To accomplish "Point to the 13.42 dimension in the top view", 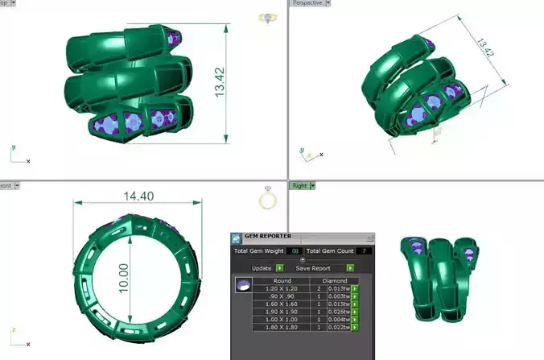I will tap(219, 81).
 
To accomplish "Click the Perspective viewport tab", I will tap(308, 3).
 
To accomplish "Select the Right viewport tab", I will tap(299, 185).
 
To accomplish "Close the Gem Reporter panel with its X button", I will tap(369, 238).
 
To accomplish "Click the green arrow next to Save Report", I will tap(350, 267).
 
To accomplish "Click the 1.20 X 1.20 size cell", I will tap(282, 288).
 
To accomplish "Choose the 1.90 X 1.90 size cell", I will tap(282, 312).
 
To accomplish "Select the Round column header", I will tap(282, 280).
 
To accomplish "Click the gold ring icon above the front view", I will tap(268, 198).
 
